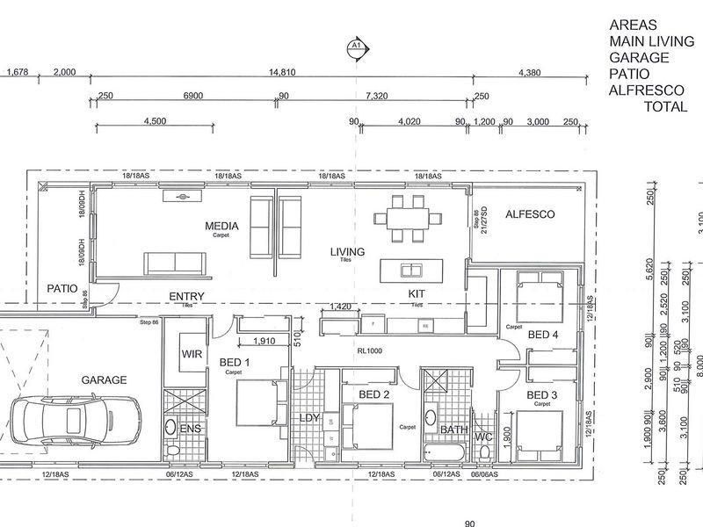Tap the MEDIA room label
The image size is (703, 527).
[222, 226]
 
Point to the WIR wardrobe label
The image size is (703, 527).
[192, 355]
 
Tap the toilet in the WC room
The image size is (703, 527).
[484, 451]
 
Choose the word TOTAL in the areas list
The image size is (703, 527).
[666, 106]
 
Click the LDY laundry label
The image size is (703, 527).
[309, 417]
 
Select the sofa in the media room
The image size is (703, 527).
[173, 262]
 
